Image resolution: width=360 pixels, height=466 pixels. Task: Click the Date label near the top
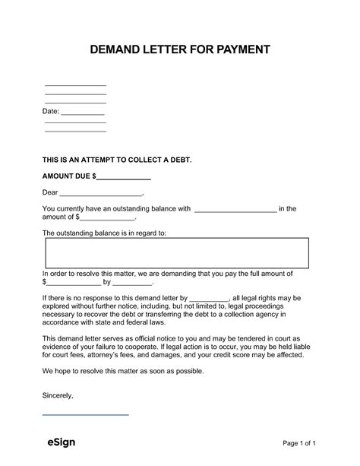click(50, 113)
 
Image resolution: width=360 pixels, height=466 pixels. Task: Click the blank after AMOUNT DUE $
click(124, 176)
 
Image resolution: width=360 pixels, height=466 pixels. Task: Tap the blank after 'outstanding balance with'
click(236, 209)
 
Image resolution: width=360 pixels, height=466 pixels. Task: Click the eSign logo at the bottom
click(58, 442)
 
